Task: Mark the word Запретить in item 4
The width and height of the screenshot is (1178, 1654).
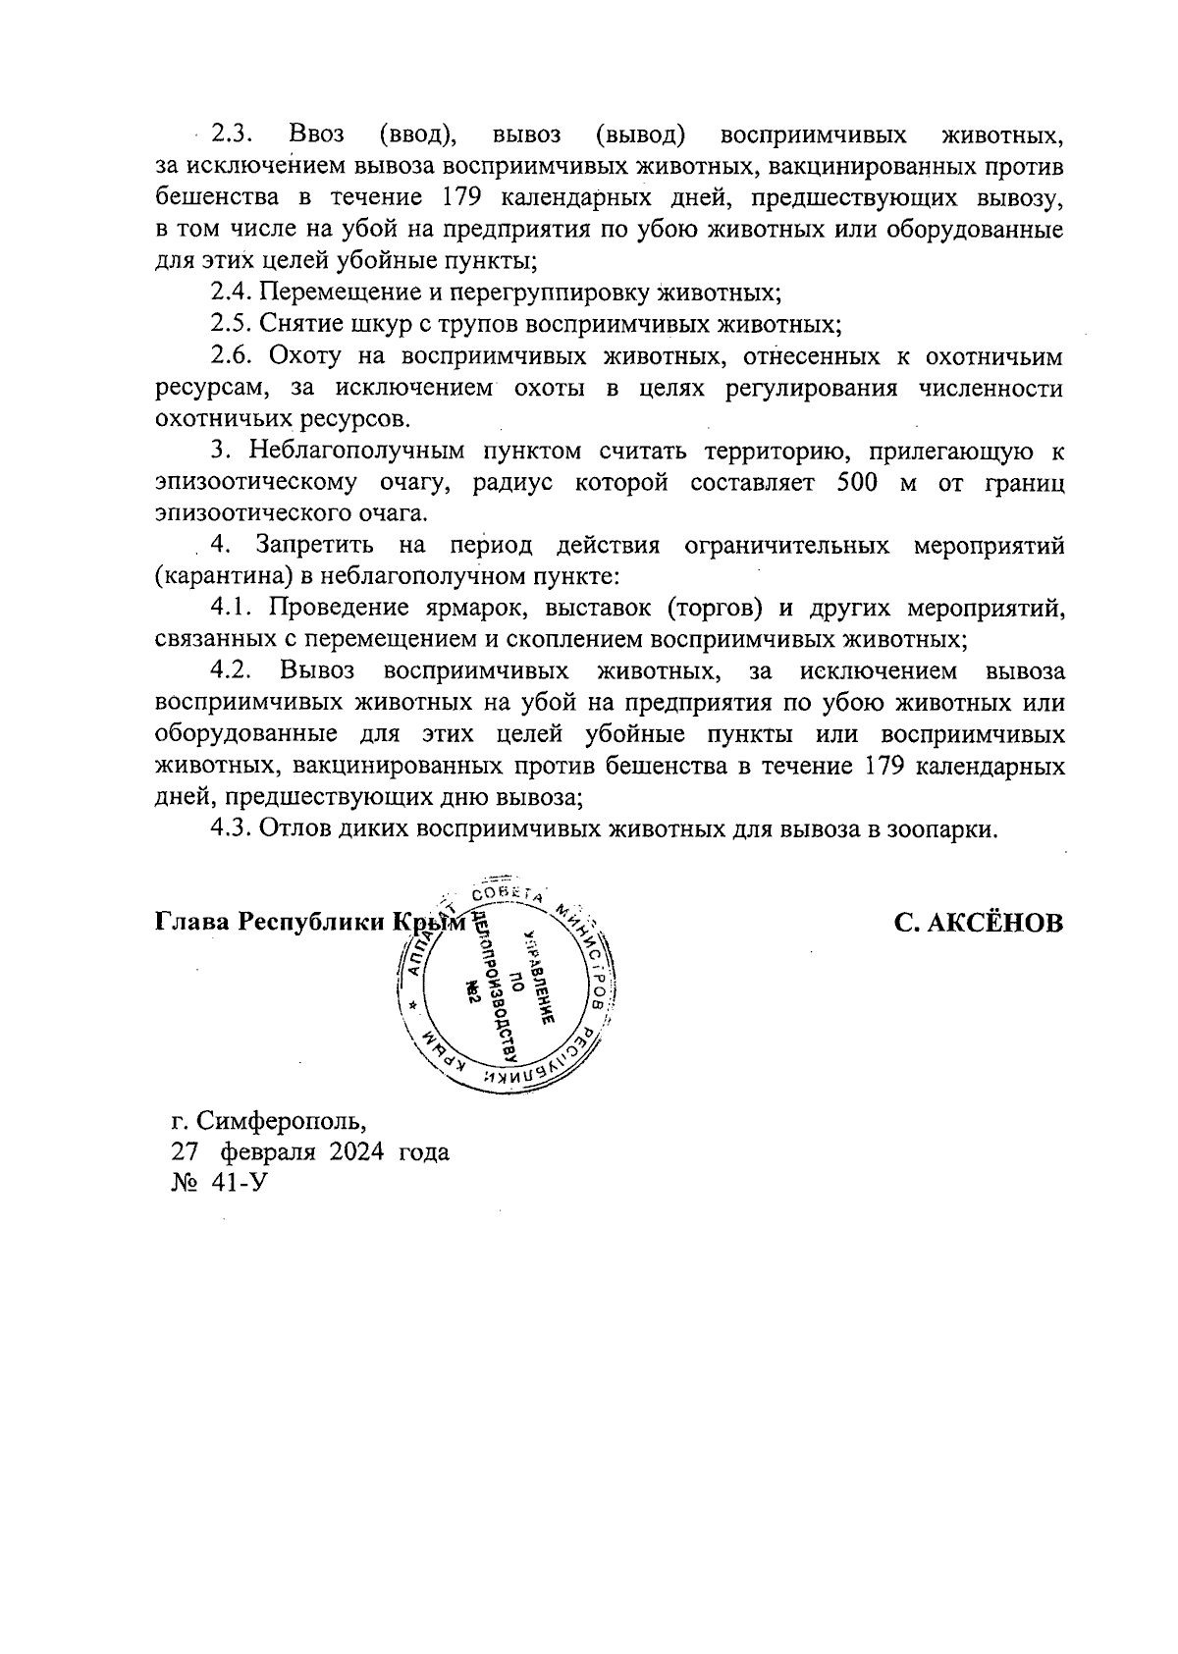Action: (314, 545)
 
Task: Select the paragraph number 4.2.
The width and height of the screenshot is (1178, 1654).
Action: (233, 671)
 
